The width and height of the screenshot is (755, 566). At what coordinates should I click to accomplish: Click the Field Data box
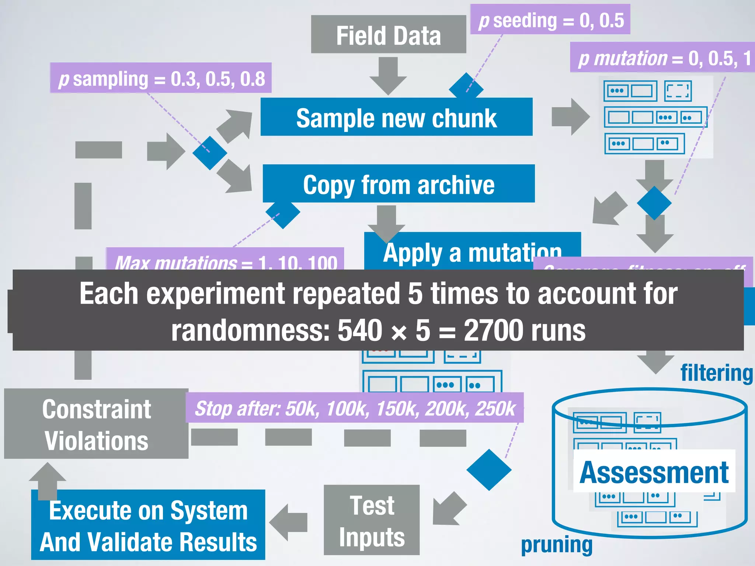388,35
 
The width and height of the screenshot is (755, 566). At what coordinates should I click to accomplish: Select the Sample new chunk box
396,117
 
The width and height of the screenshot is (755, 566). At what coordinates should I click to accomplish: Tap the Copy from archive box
398,184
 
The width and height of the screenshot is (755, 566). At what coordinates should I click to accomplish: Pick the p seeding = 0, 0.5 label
550,20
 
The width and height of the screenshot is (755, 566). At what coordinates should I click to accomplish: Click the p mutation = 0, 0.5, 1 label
662,58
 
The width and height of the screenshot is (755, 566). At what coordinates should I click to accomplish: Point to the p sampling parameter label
161,78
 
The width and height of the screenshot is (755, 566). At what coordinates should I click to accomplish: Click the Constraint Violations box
96,424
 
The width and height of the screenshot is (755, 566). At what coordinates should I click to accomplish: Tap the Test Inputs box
372,520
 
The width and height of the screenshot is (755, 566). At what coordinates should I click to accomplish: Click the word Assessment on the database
654,472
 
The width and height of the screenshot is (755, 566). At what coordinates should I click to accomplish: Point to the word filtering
716,373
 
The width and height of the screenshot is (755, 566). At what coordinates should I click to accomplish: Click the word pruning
556,545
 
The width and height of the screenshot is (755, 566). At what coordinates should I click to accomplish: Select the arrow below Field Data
388,75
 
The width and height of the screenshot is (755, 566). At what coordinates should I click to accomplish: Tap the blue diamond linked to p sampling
210,153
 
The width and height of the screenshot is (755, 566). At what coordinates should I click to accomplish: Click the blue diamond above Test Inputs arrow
489,470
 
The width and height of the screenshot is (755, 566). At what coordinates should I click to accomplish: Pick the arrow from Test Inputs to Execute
288,522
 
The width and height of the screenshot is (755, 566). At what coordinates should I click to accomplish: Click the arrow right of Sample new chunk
570,117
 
